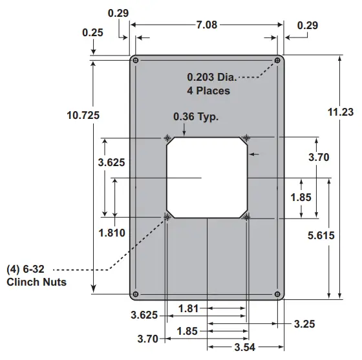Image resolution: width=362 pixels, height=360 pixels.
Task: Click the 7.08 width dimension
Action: tap(207, 25)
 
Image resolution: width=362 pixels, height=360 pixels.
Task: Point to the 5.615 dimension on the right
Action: tap(321, 236)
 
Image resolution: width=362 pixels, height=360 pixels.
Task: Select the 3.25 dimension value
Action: tap(304, 323)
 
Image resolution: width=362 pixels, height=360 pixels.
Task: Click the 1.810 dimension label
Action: tap(112, 232)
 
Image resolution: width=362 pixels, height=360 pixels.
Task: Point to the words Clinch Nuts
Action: tap(36, 282)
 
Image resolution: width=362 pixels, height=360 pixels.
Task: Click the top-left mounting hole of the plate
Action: tap(135, 61)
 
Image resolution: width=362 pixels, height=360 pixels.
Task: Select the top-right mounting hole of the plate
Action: tap(278, 61)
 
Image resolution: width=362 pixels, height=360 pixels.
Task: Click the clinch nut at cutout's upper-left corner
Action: tap(167, 138)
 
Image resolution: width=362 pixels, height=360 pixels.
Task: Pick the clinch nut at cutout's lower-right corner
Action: tap(246, 218)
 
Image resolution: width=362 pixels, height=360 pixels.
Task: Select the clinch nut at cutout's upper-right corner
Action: tap(246, 138)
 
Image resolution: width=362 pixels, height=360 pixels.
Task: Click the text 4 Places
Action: tap(208, 90)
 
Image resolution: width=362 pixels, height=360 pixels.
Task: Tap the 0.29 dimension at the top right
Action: tap(307, 25)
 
